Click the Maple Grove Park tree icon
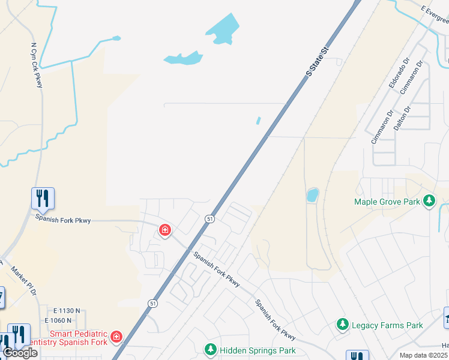coord(429,201)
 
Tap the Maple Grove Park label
coord(387,202)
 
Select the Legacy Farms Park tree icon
coord(343,325)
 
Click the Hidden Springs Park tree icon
coord(210,349)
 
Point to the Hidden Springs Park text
coord(258,350)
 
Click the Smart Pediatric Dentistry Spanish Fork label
coord(78,338)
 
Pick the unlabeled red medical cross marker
coord(164,230)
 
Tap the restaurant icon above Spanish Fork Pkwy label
coord(43,197)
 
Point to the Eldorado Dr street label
coord(398,73)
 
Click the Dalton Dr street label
coord(401,119)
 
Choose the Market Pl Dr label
coord(24,280)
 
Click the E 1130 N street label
coord(66,311)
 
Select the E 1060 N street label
coord(66,320)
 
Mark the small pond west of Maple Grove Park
coord(313,195)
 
